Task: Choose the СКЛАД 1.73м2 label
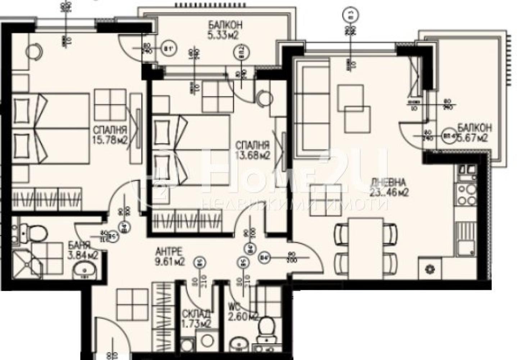coord(196,318)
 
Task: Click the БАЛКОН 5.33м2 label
coord(224,30)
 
